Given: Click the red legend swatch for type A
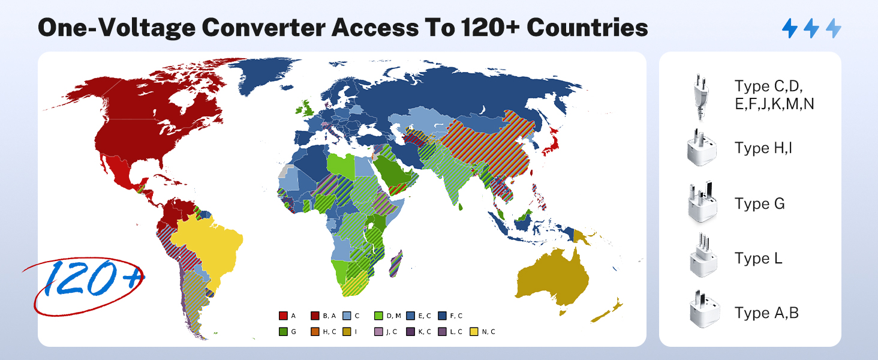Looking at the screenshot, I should [283, 316].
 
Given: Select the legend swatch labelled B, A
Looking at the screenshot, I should [315, 316].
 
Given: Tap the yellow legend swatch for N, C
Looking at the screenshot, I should [474, 331].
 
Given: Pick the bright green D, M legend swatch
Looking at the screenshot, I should [378, 316].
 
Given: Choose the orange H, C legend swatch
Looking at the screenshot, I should [315, 331].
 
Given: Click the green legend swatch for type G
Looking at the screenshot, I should [283, 331].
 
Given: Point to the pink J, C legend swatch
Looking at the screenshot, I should [378, 331].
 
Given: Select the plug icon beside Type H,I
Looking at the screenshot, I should [702, 148].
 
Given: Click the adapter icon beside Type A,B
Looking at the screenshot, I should [702, 313].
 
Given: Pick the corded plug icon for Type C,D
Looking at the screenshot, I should [699, 96].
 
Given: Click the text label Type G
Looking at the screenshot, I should [759, 204].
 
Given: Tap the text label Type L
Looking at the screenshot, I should [759, 259].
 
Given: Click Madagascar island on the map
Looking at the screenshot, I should [396, 264].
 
